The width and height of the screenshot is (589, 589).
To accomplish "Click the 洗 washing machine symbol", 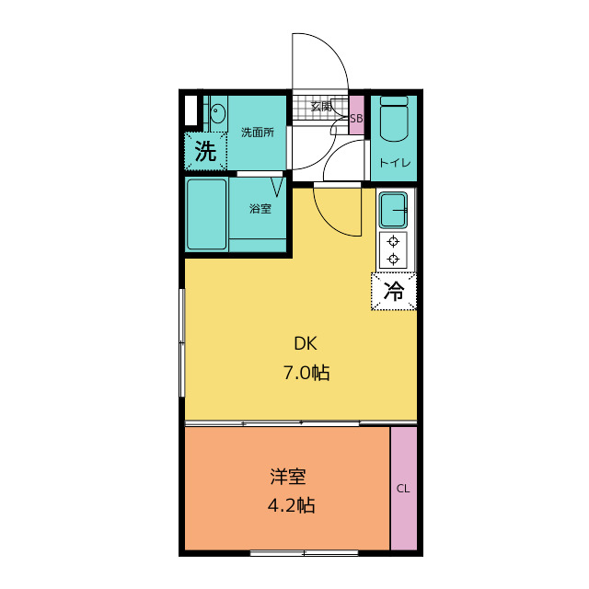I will [x=205, y=150].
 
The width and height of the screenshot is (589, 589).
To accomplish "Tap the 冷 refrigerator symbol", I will [x=394, y=292].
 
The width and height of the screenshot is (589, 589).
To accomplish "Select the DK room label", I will [x=306, y=344].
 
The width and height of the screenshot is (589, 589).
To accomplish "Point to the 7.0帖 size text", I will [x=306, y=373].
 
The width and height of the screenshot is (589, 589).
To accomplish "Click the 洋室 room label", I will [x=288, y=477].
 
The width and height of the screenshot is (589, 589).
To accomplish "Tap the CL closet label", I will [x=403, y=489].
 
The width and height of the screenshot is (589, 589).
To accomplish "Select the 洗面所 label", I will [x=257, y=133].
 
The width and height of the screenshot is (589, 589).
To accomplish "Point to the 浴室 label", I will [x=260, y=209].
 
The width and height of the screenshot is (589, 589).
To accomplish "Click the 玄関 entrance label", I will [x=321, y=107].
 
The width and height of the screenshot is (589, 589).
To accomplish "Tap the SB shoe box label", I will [x=357, y=118].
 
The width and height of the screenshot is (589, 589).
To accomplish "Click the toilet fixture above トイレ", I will [x=394, y=120].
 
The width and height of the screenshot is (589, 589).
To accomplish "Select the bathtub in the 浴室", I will [x=207, y=214].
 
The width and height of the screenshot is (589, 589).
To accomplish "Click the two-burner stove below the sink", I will [x=395, y=249].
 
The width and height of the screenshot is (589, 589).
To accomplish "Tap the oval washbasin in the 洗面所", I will [x=218, y=115].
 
